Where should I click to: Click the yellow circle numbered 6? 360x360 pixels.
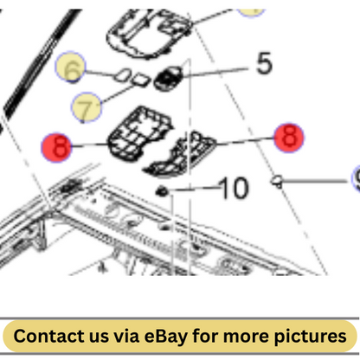coord(70,67)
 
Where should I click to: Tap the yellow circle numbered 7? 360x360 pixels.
coord(87,107)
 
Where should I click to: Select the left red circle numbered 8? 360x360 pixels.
coord(56,147)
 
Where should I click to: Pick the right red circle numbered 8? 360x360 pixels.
coord(289,138)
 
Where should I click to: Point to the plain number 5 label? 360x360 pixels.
coord(264,63)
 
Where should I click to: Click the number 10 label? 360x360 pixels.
coord(234,188)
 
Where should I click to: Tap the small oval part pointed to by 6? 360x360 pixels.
coord(123,75)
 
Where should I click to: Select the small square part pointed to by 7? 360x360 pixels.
coord(141,80)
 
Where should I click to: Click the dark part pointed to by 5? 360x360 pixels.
coord(169,79)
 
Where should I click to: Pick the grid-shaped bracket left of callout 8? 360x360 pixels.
coord(140,133)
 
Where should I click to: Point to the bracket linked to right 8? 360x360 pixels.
coord(180,155)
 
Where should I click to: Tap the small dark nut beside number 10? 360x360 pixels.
coord(162,191)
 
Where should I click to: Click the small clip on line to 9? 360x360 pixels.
coord(277,182)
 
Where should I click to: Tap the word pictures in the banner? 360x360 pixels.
coord(310,337)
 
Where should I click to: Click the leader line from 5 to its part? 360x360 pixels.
coord(215,73)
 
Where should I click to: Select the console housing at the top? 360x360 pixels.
coord(150,34)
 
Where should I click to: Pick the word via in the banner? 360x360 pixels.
coord(125,336)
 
